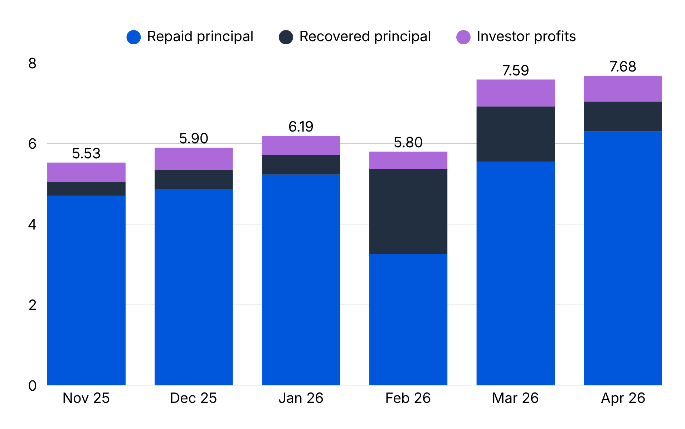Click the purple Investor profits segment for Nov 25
click(86, 172)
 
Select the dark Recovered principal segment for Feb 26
click(408, 211)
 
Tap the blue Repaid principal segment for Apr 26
click(623, 258)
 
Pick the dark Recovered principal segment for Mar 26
click(515, 134)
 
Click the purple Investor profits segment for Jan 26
click(301, 145)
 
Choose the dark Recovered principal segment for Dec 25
click(194, 179)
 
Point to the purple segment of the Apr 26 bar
click(623, 89)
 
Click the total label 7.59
click(515, 70)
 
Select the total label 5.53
click(86, 153)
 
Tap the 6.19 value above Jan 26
click(301, 127)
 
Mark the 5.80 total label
click(408, 143)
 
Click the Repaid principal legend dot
click(133, 37)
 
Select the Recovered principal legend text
click(365, 36)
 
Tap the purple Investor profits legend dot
click(463, 37)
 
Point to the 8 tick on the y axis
click(32, 63)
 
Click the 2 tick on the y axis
click(32, 305)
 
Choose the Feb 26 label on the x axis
click(408, 398)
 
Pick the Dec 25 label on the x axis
click(194, 398)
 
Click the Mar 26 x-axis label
click(515, 398)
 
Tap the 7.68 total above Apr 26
click(623, 66)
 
